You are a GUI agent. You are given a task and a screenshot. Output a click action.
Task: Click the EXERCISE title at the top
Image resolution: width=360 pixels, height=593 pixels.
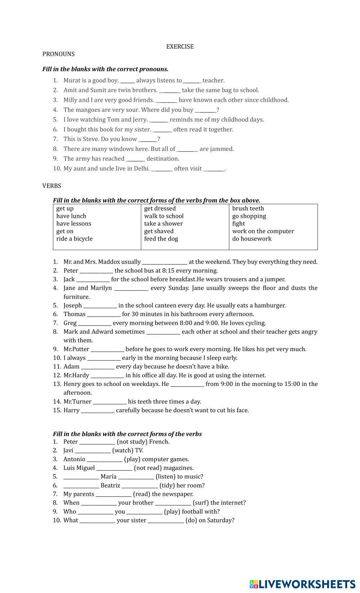point(180,46)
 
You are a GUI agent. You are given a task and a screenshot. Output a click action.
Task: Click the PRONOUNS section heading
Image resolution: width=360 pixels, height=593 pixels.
point(58,54)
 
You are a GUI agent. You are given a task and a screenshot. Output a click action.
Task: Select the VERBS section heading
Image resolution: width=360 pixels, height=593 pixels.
point(51,186)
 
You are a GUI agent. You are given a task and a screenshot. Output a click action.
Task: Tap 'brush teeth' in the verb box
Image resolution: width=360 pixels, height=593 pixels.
point(248,208)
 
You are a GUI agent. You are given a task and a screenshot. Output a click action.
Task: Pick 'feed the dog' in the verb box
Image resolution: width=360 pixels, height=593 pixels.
point(161,239)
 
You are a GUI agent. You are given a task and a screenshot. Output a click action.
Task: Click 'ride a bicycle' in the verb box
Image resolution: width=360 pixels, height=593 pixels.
point(74,239)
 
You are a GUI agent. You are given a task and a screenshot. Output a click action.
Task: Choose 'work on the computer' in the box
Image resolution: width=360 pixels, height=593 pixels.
point(263,231)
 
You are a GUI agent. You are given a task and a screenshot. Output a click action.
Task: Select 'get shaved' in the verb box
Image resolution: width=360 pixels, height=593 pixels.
point(159,231)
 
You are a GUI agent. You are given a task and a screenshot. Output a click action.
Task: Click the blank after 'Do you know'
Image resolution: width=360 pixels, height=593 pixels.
point(148,139)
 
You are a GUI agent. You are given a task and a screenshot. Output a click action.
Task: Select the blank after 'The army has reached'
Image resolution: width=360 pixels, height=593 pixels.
point(135,159)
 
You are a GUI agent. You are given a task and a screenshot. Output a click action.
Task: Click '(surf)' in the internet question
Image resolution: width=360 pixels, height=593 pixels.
point(201,503)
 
